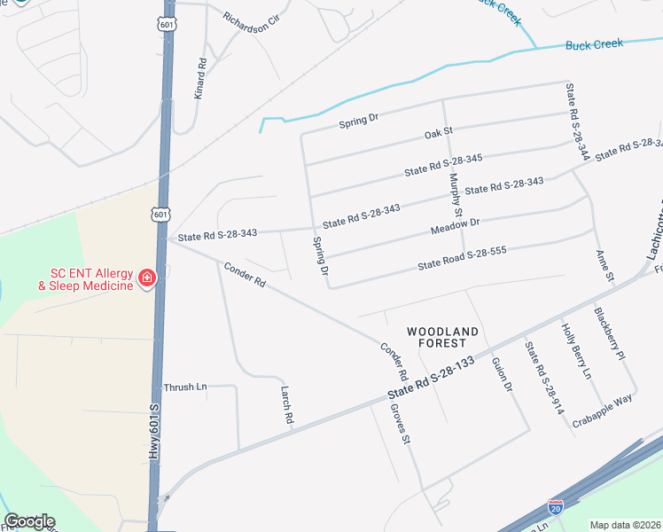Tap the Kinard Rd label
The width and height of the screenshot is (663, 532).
point(201,78)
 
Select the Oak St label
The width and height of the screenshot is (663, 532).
point(433,134)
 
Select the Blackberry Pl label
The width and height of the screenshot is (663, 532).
point(610,332)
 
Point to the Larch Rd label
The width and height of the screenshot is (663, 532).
point(286,404)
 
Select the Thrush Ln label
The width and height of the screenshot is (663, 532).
point(184,387)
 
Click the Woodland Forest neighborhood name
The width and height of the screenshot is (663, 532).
point(443,337)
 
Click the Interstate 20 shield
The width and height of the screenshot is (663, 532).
point(555,506)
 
